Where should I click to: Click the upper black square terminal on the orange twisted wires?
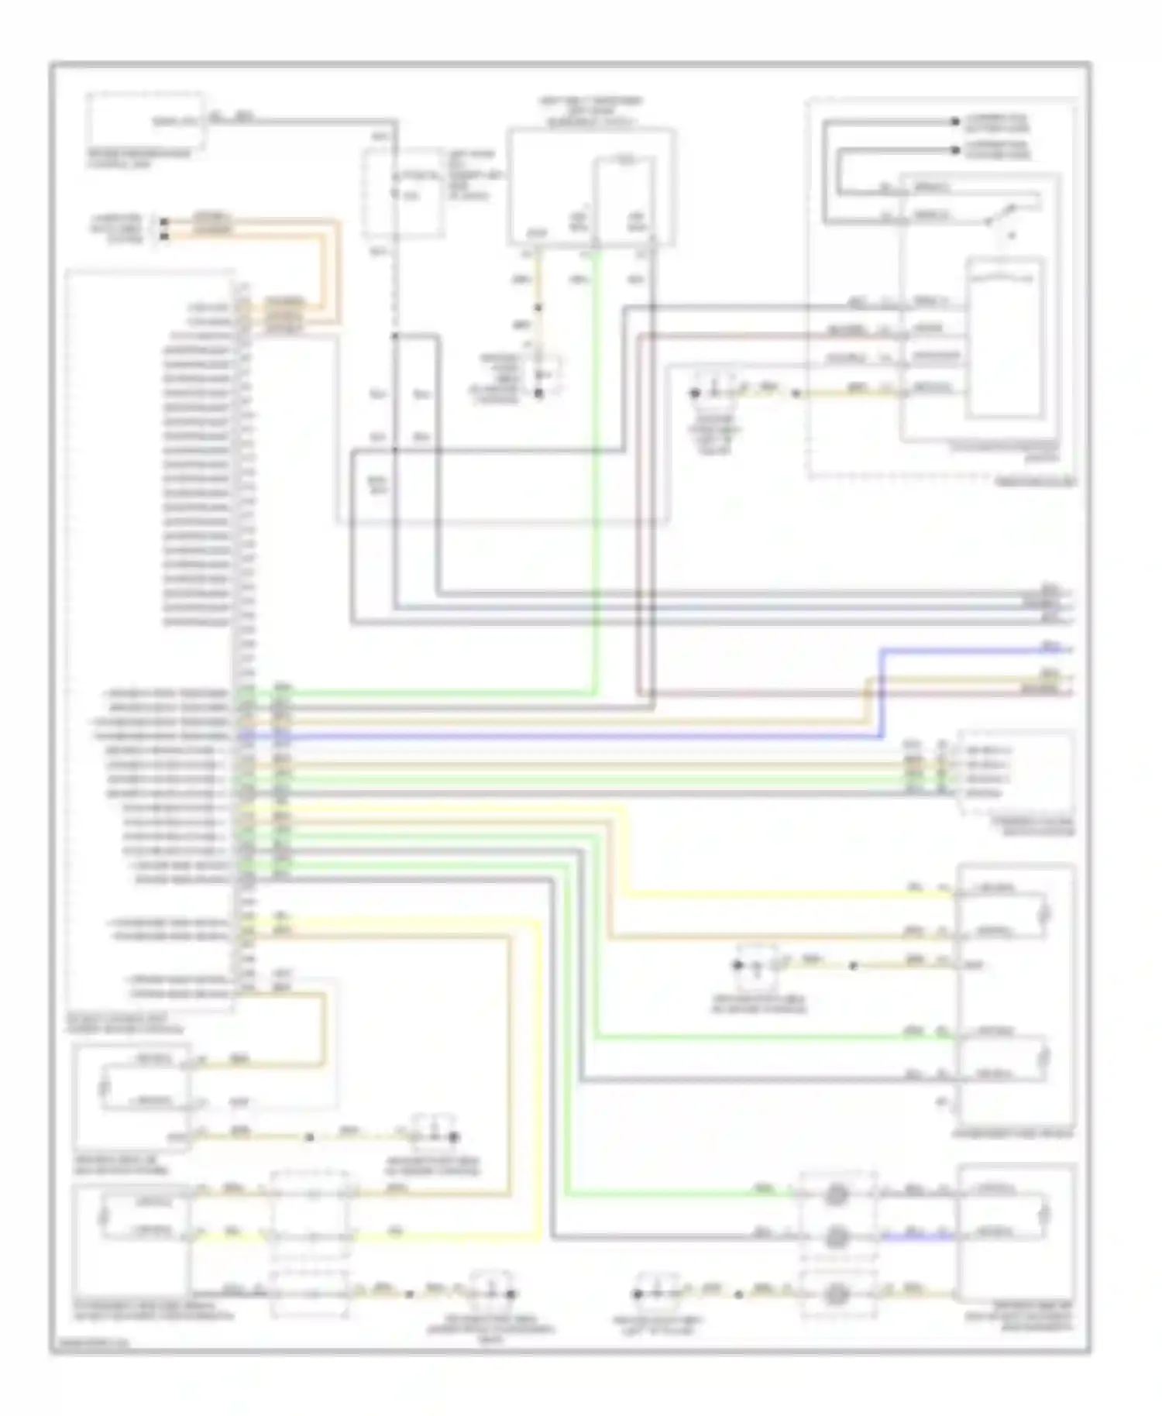point(163,222)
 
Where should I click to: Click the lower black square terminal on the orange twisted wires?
point(163,233)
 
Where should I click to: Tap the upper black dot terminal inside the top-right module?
point(954,122)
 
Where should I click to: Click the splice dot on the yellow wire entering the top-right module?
point(796,394)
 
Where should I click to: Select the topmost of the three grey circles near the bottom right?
point(836,1195)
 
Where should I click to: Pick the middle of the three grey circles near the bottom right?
point(836,1237)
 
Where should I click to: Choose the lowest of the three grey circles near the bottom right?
point(836,1293)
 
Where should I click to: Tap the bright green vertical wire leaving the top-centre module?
point(596,465)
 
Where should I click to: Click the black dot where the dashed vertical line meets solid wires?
point(394,336)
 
